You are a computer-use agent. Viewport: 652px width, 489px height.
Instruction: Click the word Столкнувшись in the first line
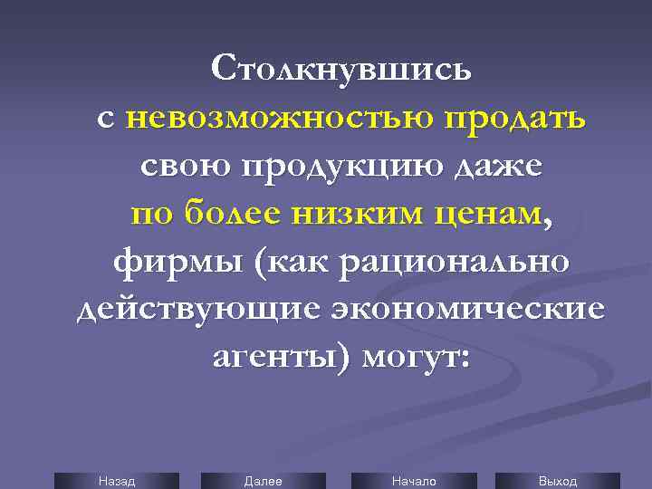(x=340, y=69)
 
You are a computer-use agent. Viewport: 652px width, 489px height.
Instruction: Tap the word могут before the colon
(x=411, y=359)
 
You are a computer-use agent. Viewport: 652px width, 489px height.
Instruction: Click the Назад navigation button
(x=116, y=481)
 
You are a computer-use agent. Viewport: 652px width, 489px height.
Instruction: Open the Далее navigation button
(x=263, y=481)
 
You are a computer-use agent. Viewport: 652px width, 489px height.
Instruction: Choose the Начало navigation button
(x=413, y=481)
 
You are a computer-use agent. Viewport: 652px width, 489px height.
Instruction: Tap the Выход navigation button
(x=557, y=481)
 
